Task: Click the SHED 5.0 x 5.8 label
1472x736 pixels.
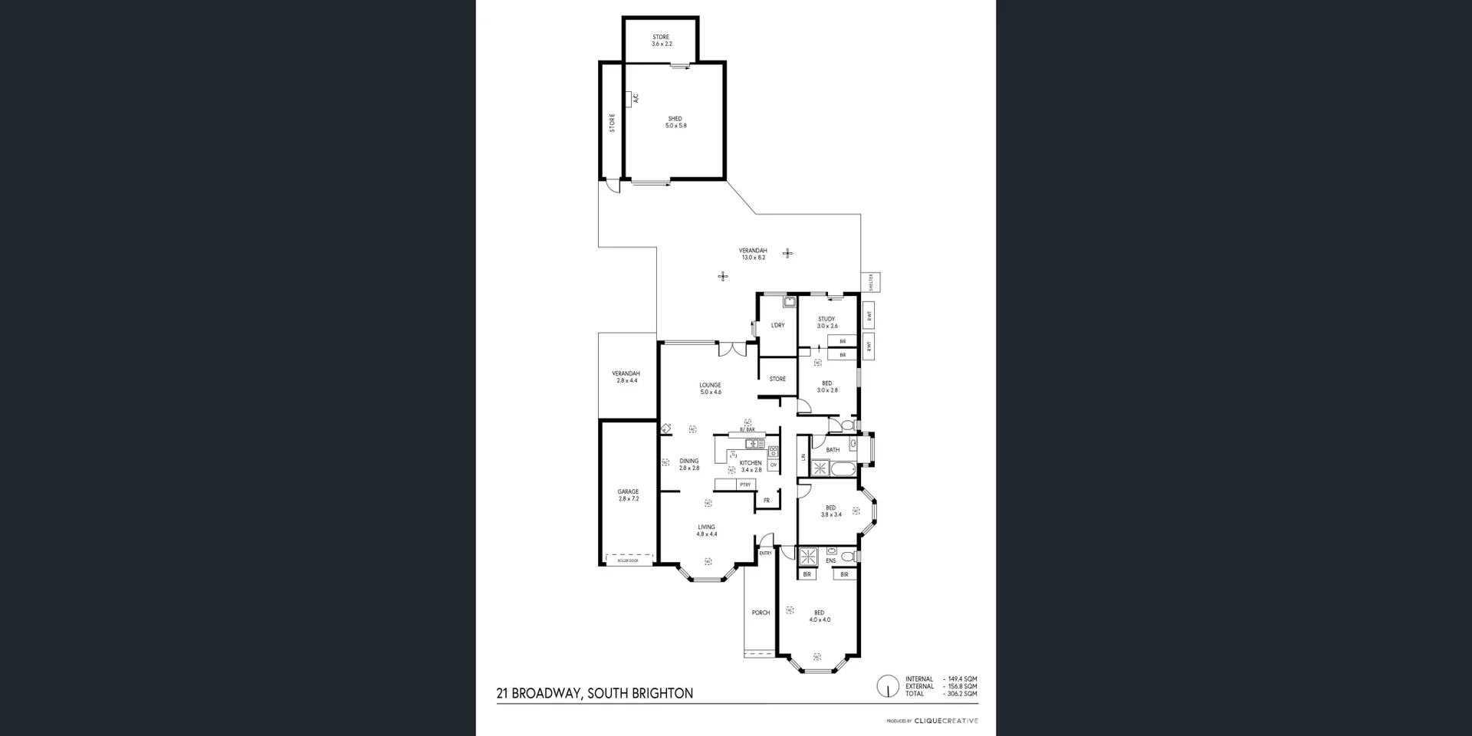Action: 675,122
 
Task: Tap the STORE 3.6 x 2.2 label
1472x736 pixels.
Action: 661,41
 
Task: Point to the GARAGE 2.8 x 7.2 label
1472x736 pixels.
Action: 628,495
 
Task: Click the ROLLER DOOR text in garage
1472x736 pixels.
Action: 628,561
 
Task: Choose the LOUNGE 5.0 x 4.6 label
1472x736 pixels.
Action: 710,389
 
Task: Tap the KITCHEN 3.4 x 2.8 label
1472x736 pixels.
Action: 751,466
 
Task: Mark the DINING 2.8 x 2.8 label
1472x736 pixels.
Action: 688,465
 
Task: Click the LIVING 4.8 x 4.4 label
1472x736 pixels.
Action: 706,531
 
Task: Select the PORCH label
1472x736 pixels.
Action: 761,613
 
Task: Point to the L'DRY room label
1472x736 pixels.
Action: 777,326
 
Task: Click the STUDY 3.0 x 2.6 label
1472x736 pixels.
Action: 826,323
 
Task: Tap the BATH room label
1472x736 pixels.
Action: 833,450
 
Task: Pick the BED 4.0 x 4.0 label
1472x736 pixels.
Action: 820,616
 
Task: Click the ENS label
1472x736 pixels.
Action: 830,561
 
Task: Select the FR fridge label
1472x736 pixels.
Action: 766,501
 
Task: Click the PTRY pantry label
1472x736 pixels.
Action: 745,485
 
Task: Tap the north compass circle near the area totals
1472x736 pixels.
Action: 888,685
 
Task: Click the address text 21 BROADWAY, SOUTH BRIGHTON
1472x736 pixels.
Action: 595,694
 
